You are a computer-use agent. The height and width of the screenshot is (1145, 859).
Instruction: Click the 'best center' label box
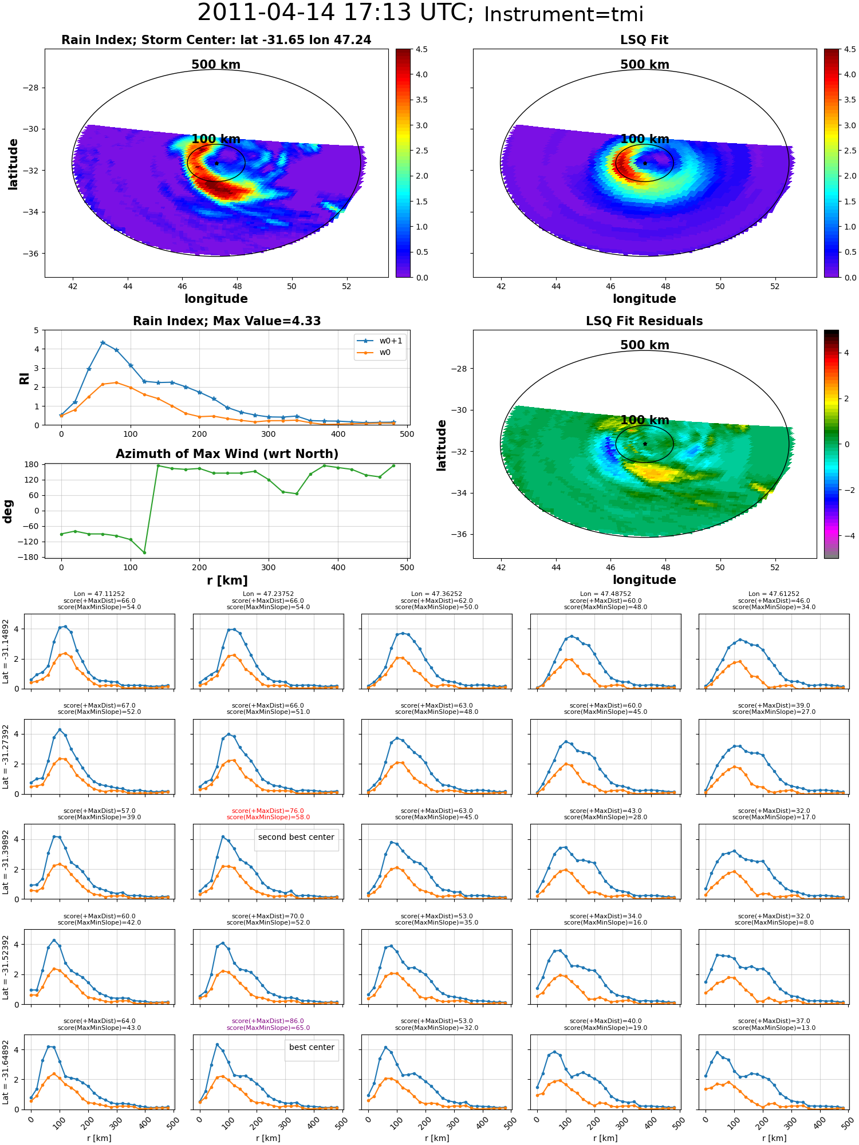[x=312, y=1047]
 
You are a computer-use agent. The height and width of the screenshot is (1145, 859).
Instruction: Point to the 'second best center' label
[x=296, y=837]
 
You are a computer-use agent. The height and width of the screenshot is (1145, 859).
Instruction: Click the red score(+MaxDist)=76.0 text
[x=268, y=811]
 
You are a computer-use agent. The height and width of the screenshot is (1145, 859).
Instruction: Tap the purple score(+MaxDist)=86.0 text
[x=268, y=1021]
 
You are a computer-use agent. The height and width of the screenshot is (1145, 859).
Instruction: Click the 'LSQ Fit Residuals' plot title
[x=644, y=321]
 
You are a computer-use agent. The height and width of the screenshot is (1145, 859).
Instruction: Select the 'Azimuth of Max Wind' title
[x=227, y=454]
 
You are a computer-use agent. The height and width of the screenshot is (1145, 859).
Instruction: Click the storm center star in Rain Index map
[x=216, y=163]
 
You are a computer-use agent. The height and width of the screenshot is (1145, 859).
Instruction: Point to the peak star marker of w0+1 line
[x=103, y=343]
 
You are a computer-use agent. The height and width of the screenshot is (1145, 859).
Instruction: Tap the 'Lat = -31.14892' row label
[x=6, y=652]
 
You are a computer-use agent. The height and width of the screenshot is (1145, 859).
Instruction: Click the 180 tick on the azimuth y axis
[x=32, y=464]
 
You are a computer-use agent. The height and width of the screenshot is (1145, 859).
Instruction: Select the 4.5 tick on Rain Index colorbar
[x=421, y=50]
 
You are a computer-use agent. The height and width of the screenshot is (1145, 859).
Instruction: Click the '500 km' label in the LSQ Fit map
[x=645, y=65]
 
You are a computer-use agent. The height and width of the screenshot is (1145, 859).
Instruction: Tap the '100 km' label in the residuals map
[x=645, y=420]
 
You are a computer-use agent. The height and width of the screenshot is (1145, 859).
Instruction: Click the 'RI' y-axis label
[x=25, y=378]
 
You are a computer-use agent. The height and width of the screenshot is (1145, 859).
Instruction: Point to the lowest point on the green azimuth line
[x=144, y=552]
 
